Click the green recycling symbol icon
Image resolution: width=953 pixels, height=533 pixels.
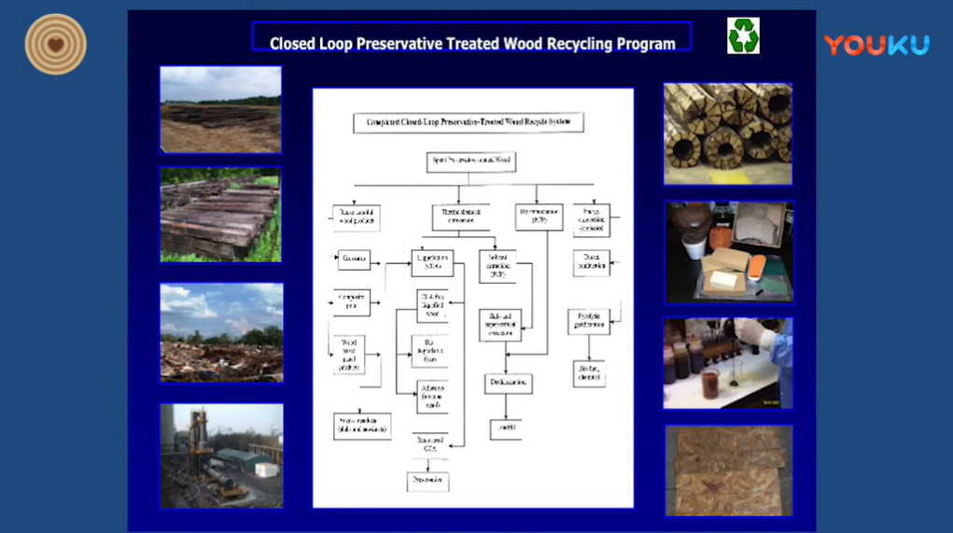743,35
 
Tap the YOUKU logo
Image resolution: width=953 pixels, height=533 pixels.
876,45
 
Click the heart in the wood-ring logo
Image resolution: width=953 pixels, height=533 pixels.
55,44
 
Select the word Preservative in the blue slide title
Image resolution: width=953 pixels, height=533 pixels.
398,43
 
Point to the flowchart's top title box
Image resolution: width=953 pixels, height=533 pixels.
468,122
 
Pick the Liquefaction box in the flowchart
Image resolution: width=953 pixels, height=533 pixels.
432,262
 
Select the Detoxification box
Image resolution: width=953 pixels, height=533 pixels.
508,383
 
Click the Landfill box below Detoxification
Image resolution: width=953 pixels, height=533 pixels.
505,428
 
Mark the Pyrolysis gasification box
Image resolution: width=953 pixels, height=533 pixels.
588,321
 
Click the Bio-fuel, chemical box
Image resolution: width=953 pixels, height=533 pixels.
589,374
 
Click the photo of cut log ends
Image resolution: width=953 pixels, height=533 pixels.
727,133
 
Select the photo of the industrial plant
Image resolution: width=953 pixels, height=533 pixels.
221,455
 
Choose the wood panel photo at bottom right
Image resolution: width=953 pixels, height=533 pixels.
728,470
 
